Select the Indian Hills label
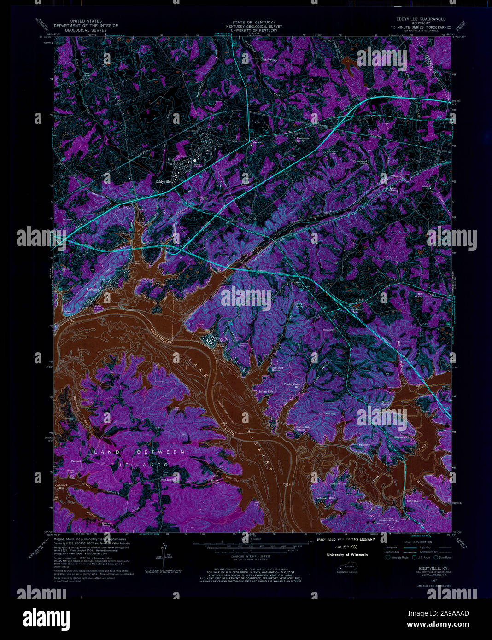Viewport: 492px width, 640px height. coord(266,391)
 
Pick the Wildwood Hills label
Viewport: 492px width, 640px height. coord(325,498)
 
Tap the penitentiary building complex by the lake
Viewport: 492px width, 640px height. coord(210,340)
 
